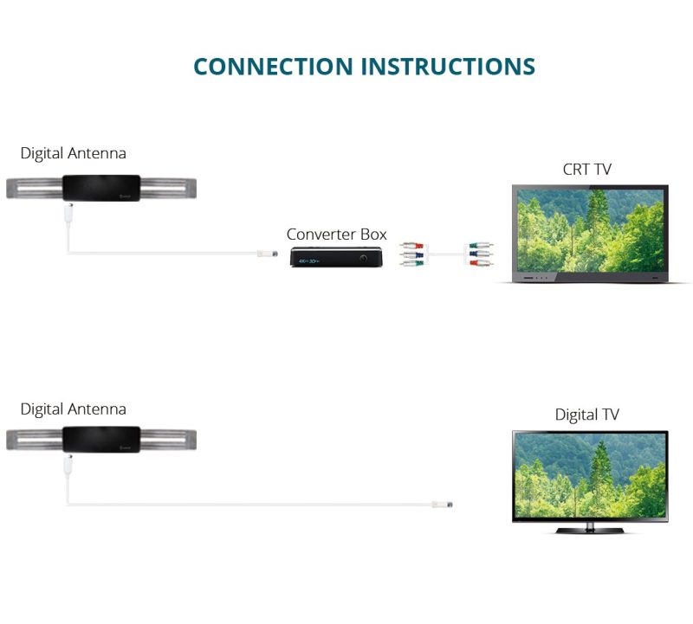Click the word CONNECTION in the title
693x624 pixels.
(x=273, y=67)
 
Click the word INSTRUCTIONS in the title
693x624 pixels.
(x=448, y=67)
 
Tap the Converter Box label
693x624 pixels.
(x=336, y=234)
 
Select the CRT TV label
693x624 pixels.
(x=587, y=169)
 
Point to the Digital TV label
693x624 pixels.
(x=587, y=415)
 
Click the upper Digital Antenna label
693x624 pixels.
(x=73, y=153)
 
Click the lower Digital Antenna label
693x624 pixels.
(x=73, y=409)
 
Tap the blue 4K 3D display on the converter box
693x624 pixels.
(x=309, y=261)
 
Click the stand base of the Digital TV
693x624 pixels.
(x=590, y=531)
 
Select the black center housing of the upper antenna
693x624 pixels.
(x=101, y=188)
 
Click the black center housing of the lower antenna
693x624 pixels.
(x=101, y=440)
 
